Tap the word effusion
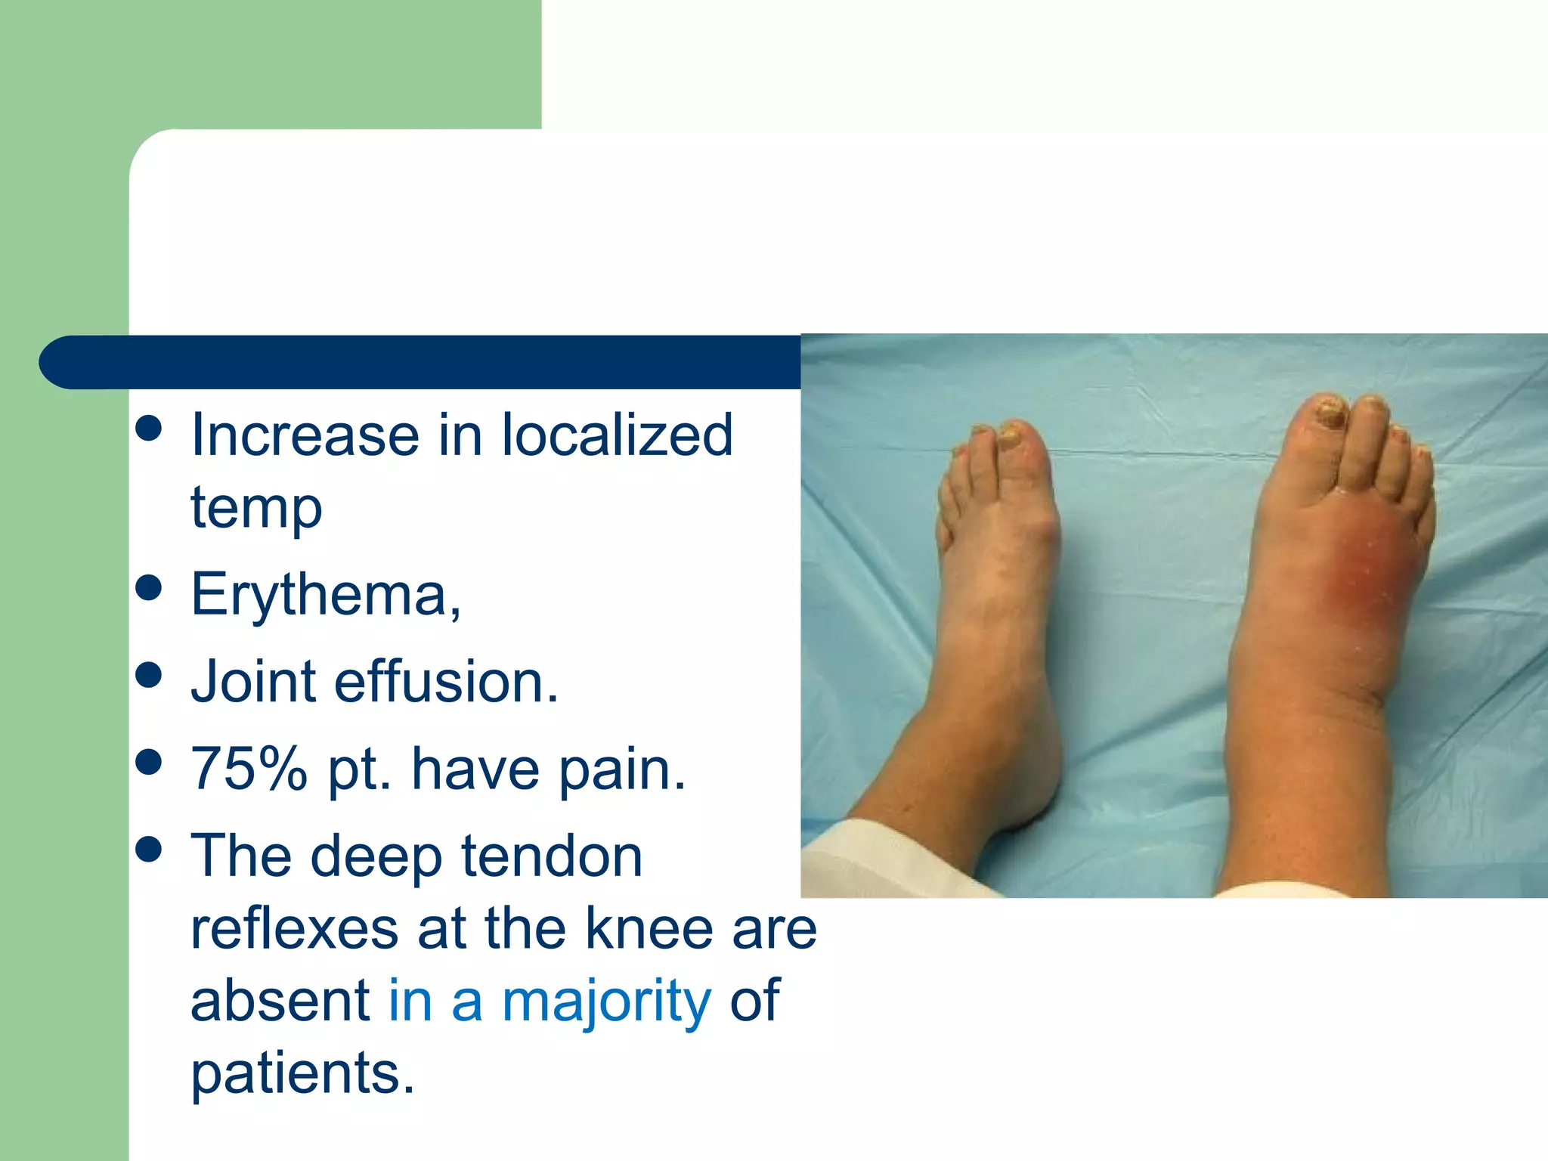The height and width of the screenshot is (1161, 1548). coord(446,682)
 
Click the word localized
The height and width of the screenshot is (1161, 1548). coord(617,435)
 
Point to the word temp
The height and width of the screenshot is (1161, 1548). coord(256,508)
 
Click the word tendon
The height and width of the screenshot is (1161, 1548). coord(552,856)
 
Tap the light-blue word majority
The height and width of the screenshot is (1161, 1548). coord(606,1000)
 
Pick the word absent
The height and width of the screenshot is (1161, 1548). coord(280,1000)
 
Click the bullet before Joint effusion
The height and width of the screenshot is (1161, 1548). coord(150,674)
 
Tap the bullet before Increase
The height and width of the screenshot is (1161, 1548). coord(150,428)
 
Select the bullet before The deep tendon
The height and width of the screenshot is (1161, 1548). coord(150,849)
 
